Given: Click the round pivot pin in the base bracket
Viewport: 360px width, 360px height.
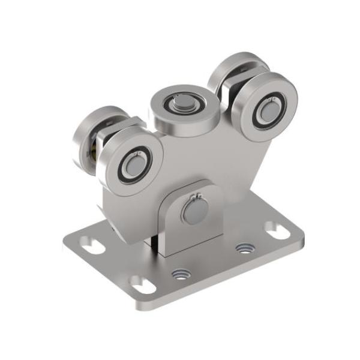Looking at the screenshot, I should coord(195,210).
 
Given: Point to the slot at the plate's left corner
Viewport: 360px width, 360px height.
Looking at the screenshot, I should coord(90,246).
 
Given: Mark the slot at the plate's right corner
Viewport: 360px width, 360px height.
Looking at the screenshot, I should coord(276,229).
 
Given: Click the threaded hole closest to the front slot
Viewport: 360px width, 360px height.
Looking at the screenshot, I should coord(179,275).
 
